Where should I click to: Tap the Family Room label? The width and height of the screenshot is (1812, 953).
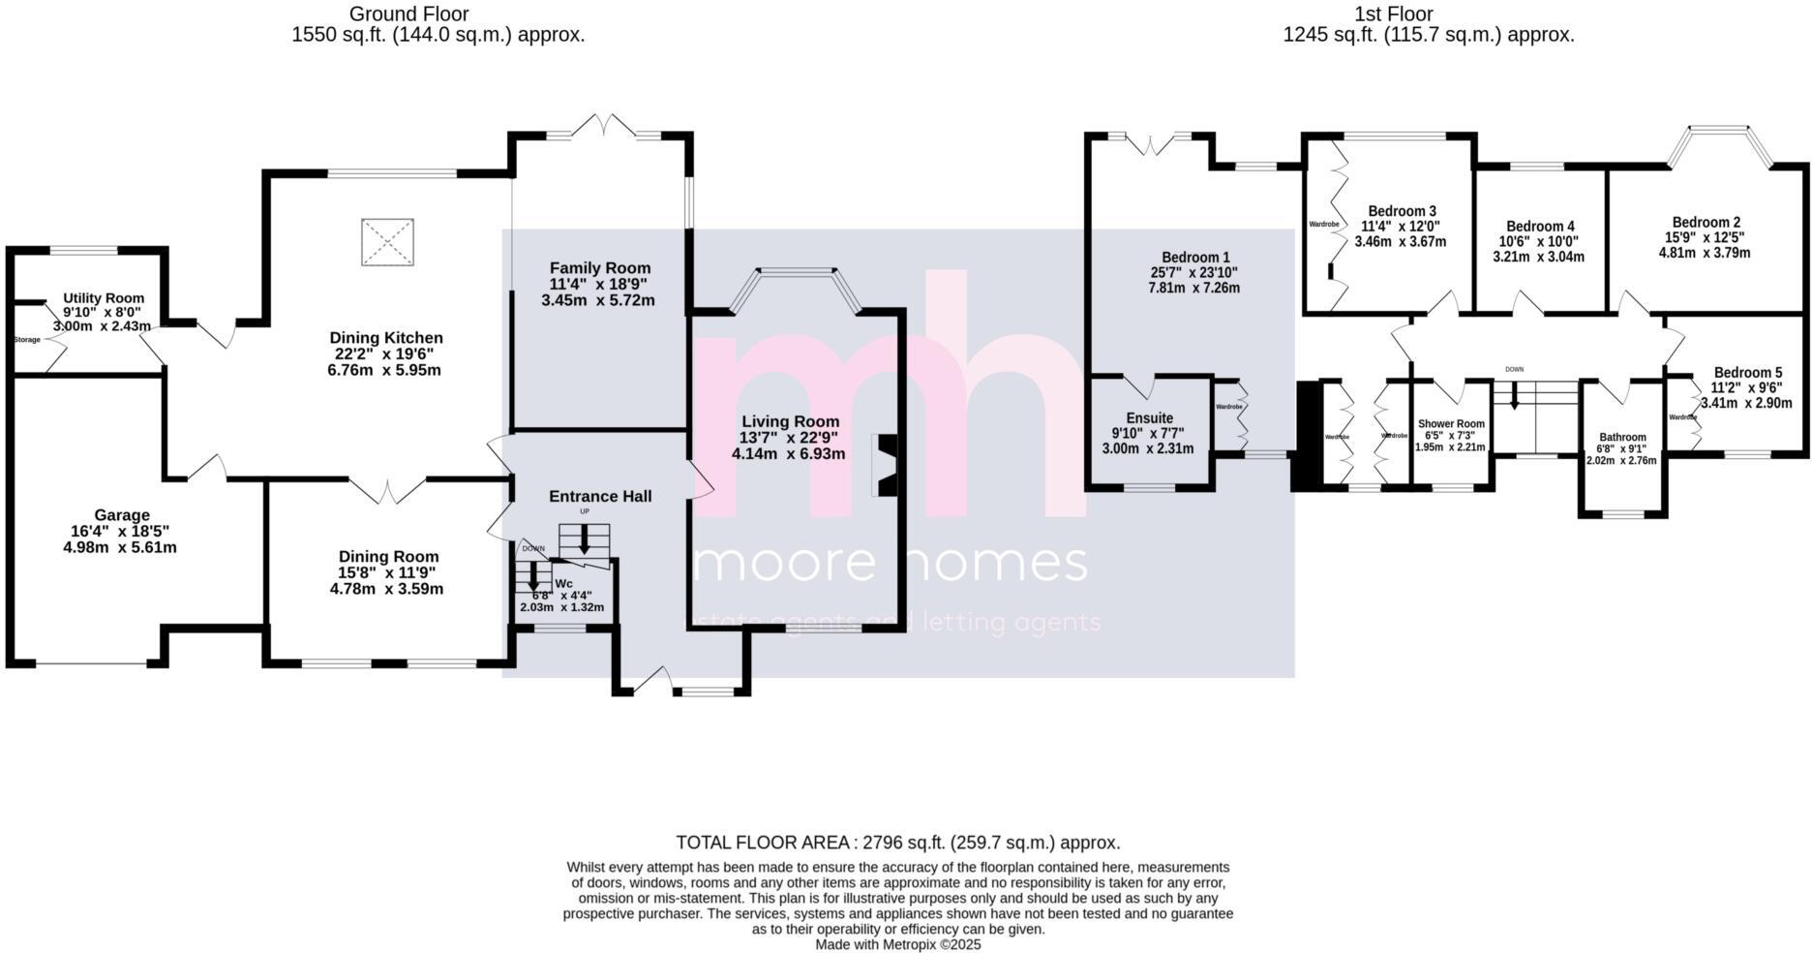click(x=600, y=268)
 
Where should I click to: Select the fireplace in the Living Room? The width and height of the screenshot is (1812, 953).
click(x=886, y=465)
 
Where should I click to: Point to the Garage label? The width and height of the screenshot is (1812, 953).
click(x=122, y=515)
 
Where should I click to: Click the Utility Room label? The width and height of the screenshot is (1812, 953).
click(x=104, y=298)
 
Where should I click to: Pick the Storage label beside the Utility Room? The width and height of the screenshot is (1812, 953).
click(x=27, y=340)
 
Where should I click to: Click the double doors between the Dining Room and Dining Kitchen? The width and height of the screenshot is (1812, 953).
click(x=387, y=490)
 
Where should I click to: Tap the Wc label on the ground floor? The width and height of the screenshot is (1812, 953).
click(x=563, y=584)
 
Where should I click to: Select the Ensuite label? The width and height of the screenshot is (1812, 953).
click(x=1149, y=418)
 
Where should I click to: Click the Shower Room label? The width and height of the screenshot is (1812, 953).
click(x=1451, y=424)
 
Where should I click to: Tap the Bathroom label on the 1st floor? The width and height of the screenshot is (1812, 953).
click(x=1622, y=437)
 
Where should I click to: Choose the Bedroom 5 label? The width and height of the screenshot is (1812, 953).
click(x=1747, y=373)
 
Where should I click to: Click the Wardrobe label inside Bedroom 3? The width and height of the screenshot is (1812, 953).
click(x=1324, y=225)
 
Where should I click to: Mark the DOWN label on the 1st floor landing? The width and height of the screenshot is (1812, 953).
click(x=1514, y=369)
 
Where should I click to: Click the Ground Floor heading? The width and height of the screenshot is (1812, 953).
click(x=408, y=14)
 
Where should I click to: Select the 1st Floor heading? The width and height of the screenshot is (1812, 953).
click(x=1394, y=14)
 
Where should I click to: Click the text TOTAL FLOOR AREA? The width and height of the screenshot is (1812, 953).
click(x=762, y=843)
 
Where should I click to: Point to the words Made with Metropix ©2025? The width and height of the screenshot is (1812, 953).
click(x=897, y=944)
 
